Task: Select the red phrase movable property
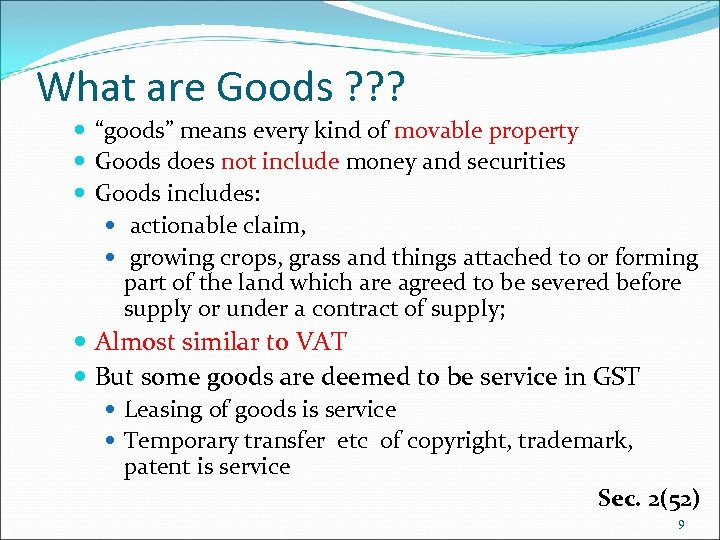point(486,131)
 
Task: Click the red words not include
point(280,161)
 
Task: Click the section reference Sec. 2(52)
point(648,498)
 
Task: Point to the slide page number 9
point(681,525)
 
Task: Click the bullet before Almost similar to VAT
point(81,343)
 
